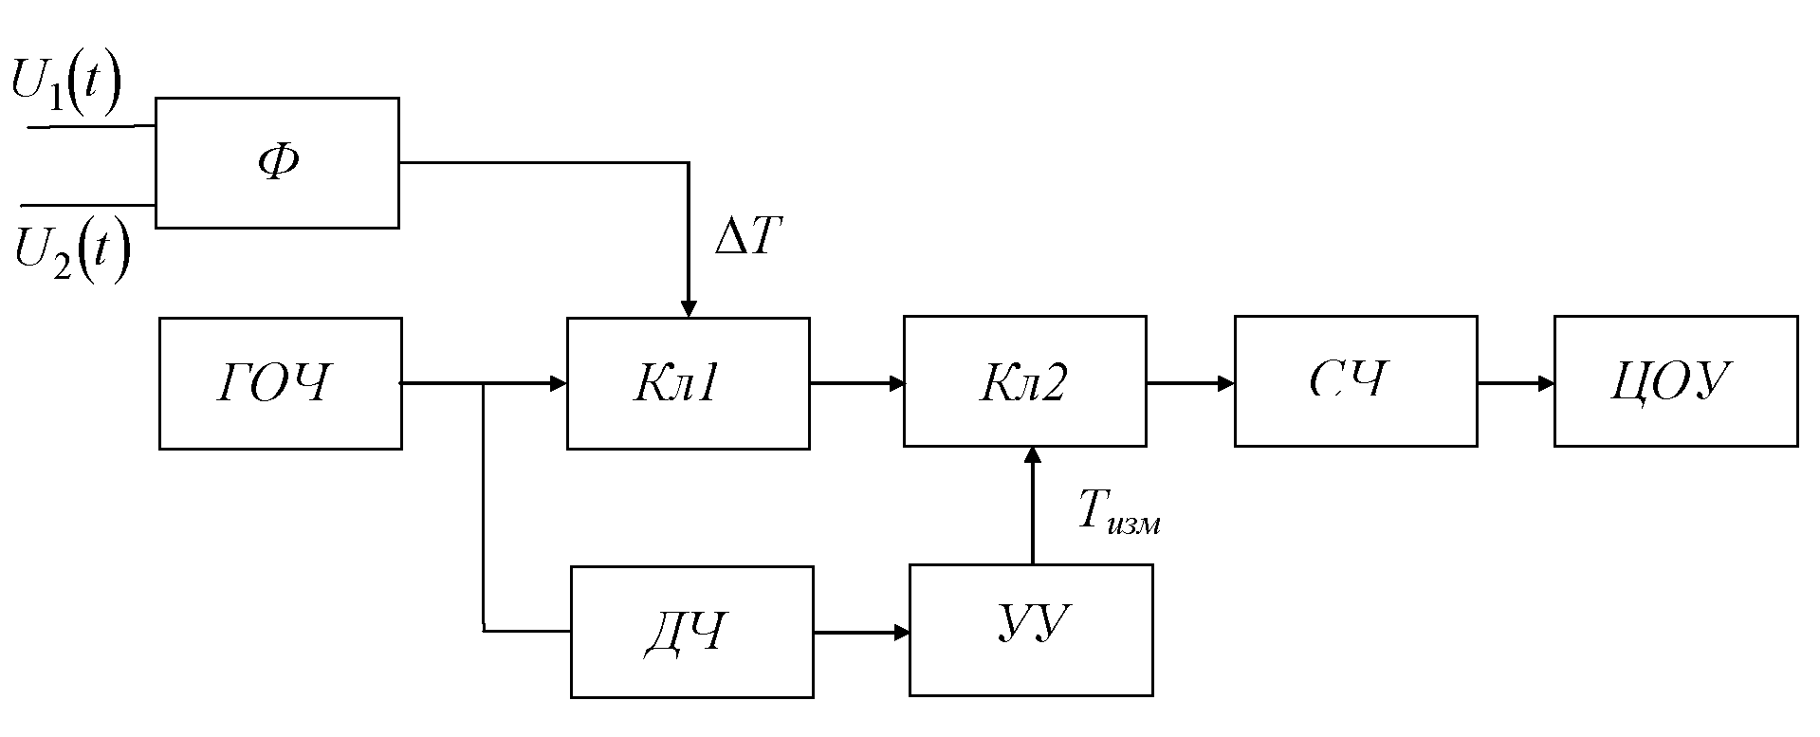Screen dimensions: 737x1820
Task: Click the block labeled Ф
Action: pyautogui.click(x=276, y=162)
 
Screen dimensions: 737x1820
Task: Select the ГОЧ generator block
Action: pyautogui.click(x=280, y=382)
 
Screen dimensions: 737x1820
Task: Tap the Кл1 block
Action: pyautogui.click(x=688, y=382)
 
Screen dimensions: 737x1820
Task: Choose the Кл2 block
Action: pyautogui.click(x=1024, y=381)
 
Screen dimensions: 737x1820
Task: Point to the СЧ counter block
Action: pyautogui.click(x=1354, y=381)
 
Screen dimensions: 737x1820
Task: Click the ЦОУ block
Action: pyautogui.click(x=1675, y=381)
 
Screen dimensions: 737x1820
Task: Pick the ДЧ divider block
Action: pyautogui.click(x=691, y=631)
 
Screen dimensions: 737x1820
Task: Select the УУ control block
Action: pyautogui.click(x=1031, y=630)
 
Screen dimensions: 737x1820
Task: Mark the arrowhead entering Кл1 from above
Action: pyautogui.click(x=689, y=308)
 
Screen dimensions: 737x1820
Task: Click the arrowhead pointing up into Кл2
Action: pyautogui.click(x=1032, y=456)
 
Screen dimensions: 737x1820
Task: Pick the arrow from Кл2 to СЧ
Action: pyautogui.click(x=1190, y=383)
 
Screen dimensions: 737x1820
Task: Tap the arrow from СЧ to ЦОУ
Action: pyautogui.click(x=1516, y=383)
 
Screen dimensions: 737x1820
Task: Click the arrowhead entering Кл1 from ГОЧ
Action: pyautogui.click(x=559, y=383)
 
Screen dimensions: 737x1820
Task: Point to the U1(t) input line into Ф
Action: pyautogui.click(x=91, y=126)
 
